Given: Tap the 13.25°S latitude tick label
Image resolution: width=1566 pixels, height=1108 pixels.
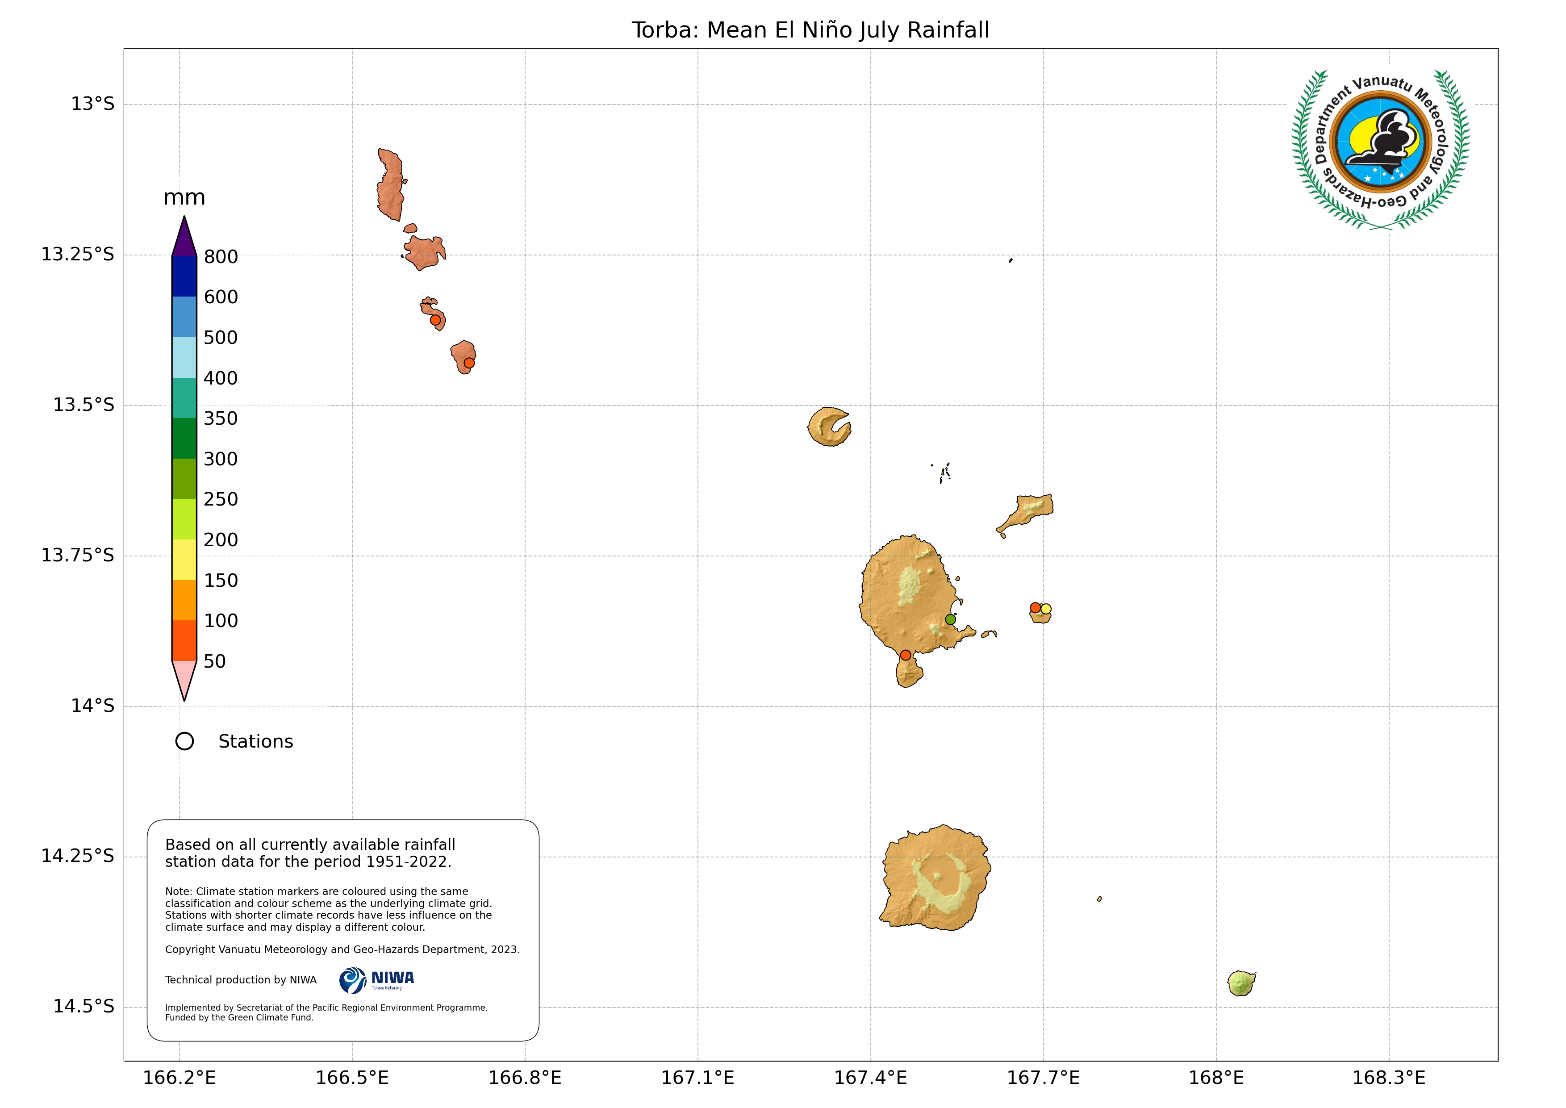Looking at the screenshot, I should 77,255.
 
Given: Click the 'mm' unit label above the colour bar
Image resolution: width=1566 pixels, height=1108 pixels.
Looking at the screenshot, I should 184,198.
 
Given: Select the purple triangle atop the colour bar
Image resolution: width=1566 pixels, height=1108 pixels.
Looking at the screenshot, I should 184,239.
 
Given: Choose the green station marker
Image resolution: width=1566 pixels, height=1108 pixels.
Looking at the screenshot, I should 950,619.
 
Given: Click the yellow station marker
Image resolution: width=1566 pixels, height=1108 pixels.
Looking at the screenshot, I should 1046,609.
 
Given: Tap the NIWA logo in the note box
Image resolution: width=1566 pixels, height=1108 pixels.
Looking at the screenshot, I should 376,980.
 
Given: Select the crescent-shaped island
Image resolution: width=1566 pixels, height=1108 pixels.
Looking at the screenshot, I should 827,427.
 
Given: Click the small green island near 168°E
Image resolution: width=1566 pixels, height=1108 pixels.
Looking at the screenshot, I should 1240,983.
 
